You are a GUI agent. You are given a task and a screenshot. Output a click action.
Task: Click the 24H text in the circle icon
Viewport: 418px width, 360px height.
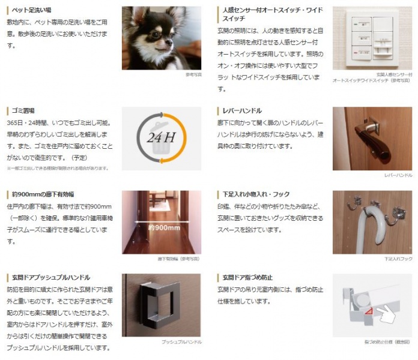tap(160, 138)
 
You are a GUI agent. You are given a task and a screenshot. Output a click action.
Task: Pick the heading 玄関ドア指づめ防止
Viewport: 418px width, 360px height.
tap(247, 278)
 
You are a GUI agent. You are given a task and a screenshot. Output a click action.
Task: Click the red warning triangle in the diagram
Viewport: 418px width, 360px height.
tap(366, 310)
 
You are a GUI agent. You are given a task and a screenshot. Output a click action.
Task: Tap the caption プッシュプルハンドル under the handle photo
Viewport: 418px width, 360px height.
tap(181, 341)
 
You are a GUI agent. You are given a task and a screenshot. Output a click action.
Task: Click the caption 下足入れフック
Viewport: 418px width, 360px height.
tap(398, 259)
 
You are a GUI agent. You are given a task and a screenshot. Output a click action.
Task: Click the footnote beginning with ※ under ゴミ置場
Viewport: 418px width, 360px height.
tap(58, 168)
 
